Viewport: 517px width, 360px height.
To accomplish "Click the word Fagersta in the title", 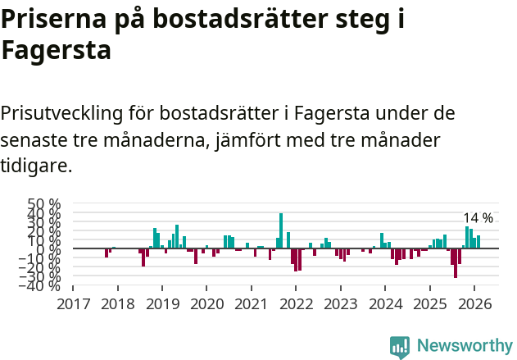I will [x=56, y=51].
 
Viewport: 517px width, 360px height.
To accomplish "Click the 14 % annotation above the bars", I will [x=478, y=218].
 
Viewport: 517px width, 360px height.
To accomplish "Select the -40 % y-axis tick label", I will [x=41, y=285].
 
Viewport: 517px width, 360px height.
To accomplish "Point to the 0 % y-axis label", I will [x=49, y=248].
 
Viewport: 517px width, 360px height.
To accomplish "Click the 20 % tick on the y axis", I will [x=44, y=230].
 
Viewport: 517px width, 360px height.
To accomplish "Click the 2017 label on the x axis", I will [x=73, y=303].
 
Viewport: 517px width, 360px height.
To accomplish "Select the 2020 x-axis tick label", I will [x=206, y=303].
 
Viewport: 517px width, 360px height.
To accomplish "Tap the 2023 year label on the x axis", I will [x=340, y=303].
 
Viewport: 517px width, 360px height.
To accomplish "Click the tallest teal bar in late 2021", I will [x=281, y=230].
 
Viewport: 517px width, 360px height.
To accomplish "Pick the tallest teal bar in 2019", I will [x=177, y=236].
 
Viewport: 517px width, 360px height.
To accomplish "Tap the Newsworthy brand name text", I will [x=465, y=346].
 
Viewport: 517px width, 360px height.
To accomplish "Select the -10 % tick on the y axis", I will [x=41, y=257].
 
